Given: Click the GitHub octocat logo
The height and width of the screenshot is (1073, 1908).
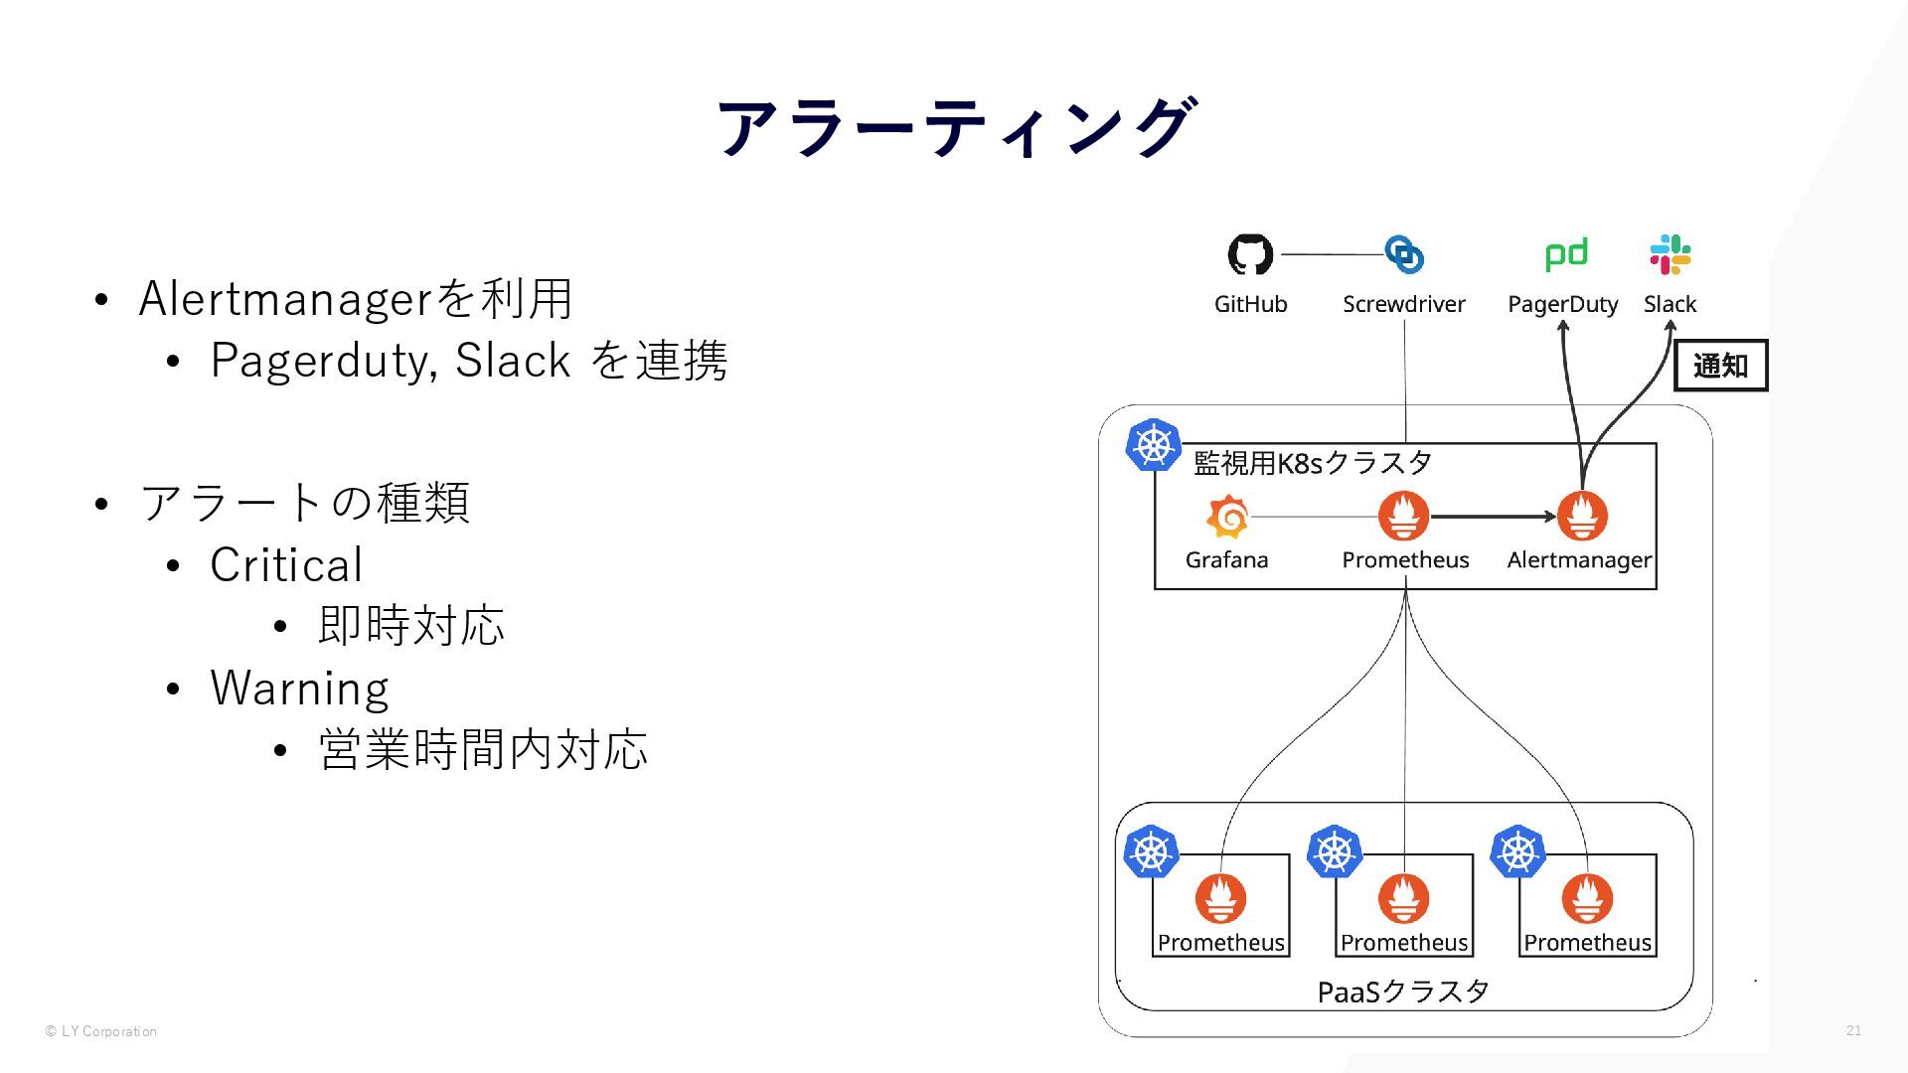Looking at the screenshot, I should [x=1250, y=254].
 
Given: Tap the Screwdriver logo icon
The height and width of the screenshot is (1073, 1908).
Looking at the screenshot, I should [x=1404, y=254].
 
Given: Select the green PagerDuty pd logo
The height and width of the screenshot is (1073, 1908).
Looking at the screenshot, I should [x=1565, y=254].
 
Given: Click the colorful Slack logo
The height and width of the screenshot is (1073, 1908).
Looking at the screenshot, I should [x=1670, y=254].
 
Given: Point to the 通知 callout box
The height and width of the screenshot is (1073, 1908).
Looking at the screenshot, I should [x=1720, y=366].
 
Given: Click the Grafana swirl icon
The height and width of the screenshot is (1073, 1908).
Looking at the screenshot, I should [x=1227, y=517].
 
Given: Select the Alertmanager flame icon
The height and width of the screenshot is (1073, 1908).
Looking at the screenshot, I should [x=1582, y=516].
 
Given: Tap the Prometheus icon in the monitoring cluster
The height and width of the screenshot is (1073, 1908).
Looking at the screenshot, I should [x=1403, y=516].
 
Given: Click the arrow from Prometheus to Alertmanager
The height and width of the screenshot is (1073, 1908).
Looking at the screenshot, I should [x=1493, y=517].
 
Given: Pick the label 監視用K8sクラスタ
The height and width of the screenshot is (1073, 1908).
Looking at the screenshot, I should [x=1312, y=463].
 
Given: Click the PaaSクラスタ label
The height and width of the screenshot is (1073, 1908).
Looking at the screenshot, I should [x=1402, y=992].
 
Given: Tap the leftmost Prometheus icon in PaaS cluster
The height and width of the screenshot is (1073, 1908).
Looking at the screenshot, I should [x=1220, y=898].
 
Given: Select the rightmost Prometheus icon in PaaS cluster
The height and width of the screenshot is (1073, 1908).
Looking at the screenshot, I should [x=1587, y=898].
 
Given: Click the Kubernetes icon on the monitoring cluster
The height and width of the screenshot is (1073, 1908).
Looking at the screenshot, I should [x=1153, y=444].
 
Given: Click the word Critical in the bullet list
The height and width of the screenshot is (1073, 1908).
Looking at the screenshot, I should [x=286, y=565].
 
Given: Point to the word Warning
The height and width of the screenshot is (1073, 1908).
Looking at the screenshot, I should [x=299, y=689].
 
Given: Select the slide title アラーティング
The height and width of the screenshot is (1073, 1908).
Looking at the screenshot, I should [x=954, y=128].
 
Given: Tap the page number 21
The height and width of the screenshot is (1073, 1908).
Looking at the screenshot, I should [x=1853, y=1030].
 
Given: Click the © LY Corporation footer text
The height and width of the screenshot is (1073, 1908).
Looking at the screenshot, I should [x=101, y=1031].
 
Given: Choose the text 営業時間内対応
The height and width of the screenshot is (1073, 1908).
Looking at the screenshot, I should [x=483, y=749].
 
